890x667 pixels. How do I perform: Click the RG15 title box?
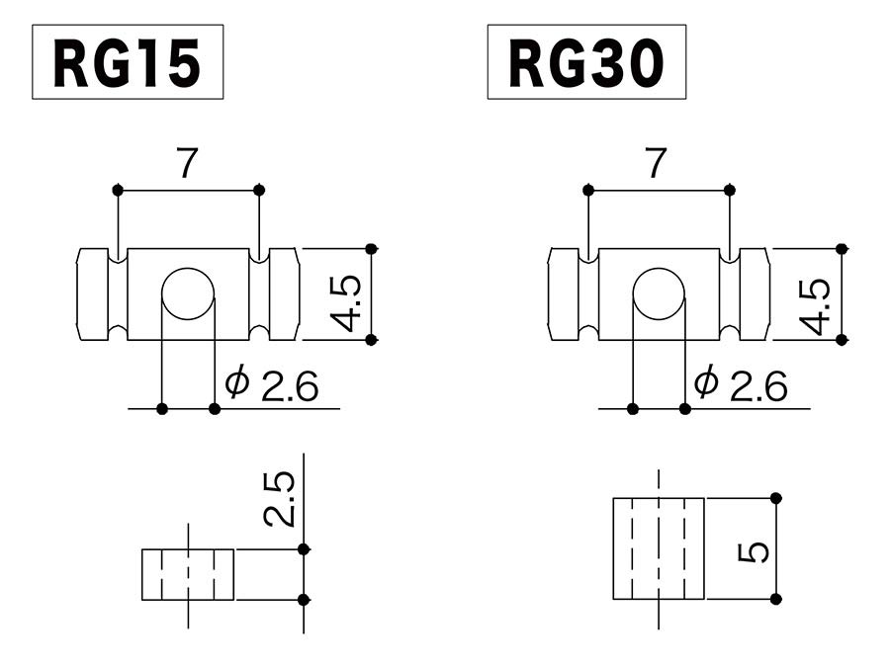point(128,62)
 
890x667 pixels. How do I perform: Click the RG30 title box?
point(586,62)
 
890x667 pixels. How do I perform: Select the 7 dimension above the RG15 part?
point(187,164)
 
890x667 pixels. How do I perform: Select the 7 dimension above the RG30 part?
point(656,164)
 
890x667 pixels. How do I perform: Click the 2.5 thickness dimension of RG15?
point(279,498)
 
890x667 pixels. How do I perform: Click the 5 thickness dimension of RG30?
point(754,551)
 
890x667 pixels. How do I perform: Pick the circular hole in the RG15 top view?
point(188,293)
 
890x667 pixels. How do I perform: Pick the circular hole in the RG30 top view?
point(658,293)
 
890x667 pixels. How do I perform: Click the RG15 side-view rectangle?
point(188,574)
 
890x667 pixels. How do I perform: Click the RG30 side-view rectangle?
point(659,548)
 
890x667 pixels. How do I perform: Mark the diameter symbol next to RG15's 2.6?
point(237,382)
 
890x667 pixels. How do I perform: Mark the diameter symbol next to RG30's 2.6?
point(706,382)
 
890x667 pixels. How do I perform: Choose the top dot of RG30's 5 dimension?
point(776,497)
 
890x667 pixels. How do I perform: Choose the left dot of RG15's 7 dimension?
point(118,189)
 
